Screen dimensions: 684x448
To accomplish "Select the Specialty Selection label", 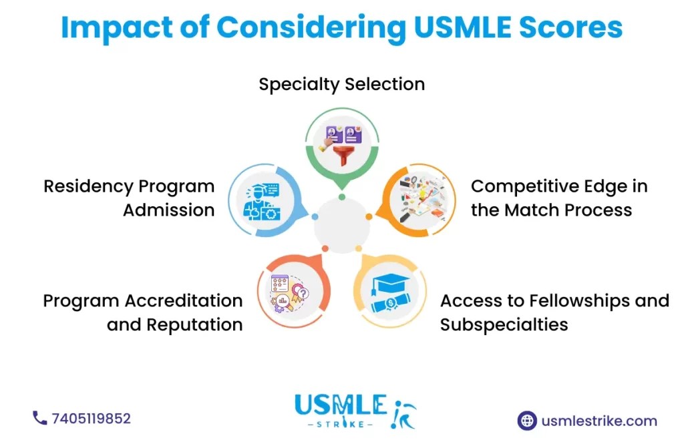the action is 341,85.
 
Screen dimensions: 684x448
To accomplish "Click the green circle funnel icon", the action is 342,141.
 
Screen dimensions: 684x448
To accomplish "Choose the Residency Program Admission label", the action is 129,198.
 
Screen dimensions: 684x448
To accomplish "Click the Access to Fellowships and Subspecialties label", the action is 554,312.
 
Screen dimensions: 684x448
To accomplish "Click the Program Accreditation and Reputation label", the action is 142,312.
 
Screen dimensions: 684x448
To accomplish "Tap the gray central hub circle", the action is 341,226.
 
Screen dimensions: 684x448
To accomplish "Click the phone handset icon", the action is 39,418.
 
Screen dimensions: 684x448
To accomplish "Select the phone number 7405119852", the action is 91,419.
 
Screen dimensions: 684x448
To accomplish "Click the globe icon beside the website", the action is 527,421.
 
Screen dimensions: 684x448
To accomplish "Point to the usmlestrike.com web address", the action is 599,421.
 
